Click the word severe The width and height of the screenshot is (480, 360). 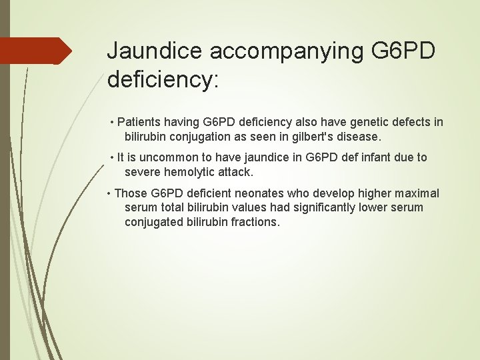[x=141, y=172]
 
